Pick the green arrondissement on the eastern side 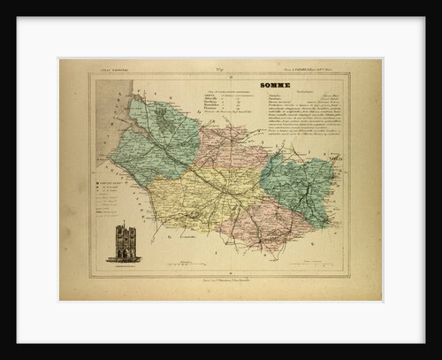click(x=301, y=186)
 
